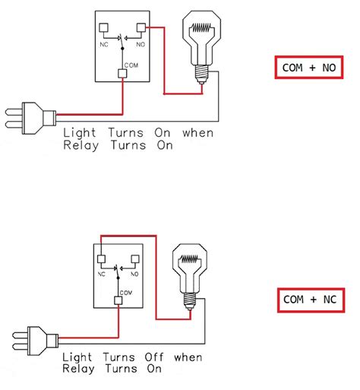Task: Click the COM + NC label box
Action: (308, 300)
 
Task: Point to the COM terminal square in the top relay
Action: (122, 73)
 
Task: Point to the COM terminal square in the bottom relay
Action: (118, 300)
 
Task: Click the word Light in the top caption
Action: (79, 132)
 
